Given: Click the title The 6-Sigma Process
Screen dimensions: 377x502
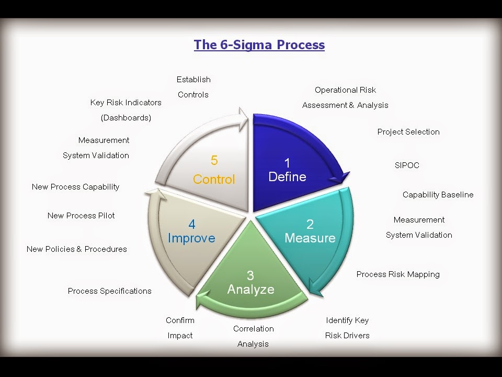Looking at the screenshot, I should [259, 45].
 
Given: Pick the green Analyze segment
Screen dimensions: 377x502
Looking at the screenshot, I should [251, 283].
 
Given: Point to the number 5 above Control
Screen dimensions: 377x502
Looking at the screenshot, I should [214, 160].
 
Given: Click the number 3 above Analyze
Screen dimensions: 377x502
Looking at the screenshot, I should [250, 275].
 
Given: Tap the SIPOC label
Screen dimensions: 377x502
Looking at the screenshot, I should [407, 165].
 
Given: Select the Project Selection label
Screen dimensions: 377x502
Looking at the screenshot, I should [408, 132].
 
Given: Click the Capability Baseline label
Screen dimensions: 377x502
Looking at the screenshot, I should [438, 195].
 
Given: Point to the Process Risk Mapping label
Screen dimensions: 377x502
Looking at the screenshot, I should [398, 274].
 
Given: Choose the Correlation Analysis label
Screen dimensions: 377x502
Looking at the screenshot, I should [254, 336].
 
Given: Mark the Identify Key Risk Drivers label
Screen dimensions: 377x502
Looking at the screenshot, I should [347, 328].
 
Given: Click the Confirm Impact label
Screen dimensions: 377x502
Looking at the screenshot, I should [180, 328].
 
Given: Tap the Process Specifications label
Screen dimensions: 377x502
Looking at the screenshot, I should [110, 291].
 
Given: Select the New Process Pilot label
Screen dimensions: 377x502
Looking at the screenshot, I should [81, 216].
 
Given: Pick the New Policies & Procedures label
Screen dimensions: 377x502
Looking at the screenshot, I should [77, 249].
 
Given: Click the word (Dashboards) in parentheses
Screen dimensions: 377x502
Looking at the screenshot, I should [126, 118].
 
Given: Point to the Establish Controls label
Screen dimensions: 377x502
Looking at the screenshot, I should [193, 87].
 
